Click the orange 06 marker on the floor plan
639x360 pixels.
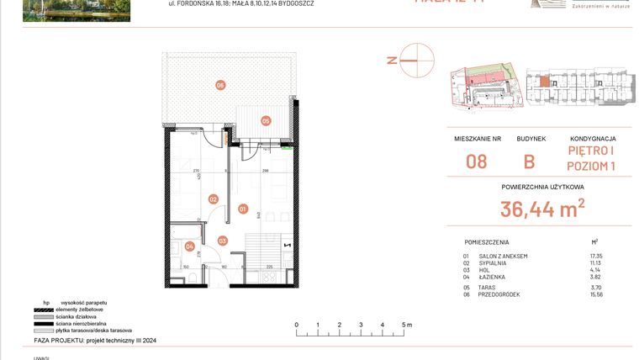click(220, 84)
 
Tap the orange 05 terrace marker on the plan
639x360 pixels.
click(266, 120)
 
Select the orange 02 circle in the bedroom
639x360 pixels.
click(214, 199)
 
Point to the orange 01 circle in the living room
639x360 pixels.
click(242, 208)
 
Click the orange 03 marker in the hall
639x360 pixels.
click(222, 241)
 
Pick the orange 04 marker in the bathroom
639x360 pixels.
click(189, 246)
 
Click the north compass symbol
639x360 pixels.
click(417, 60)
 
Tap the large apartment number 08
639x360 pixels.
click(477, 161)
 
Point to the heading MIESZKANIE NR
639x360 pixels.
click(477, 139)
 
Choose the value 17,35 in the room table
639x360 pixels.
click(597, 256)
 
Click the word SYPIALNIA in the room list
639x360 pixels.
click(494, 262)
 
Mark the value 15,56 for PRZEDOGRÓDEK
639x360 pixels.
click(597, 294)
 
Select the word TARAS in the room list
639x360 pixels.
click(488, 288)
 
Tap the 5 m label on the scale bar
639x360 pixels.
click(407, 324)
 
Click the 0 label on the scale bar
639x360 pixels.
click(296, 324)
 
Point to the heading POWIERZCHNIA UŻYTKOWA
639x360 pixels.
click(542, 187)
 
